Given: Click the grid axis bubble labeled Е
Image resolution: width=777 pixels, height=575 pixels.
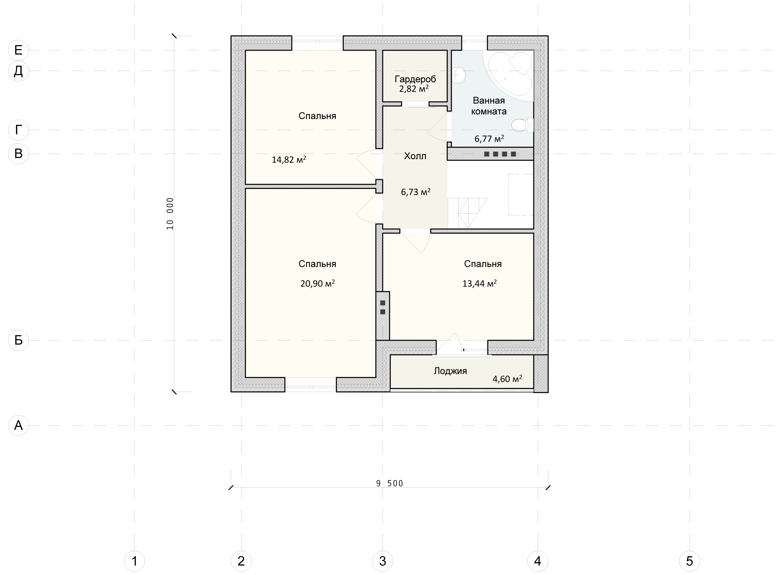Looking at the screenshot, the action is (x=18, y=50).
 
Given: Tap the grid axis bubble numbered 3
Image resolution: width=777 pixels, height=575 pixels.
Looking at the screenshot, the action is (x=383, y=561).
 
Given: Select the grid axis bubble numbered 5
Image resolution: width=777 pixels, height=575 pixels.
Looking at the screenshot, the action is (x=690, y=561).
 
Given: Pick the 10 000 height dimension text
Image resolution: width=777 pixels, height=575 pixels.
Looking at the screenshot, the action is (x=170, y=214).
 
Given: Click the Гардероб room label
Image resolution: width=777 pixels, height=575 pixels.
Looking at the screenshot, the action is (x=415, y=79).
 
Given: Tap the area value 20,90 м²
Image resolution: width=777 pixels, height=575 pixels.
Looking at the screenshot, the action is (x=317, y=283).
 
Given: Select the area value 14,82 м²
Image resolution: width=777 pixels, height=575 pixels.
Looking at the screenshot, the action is (x=289, y=159).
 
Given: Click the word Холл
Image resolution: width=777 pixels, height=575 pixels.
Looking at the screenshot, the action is (x=415, y=156).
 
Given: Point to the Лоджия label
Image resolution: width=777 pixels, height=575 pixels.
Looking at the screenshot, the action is (x=450, y=371).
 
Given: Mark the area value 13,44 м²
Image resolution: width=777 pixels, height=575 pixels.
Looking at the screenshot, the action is (x=479, y=283).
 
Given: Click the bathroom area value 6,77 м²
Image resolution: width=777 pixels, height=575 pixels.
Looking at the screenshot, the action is (x=489, y=139).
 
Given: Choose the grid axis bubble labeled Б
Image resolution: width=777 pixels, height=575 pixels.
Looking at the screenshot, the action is (x=18, y=340).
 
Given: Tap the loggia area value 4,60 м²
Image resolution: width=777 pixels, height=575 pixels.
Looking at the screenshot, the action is (x=507, y=379).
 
